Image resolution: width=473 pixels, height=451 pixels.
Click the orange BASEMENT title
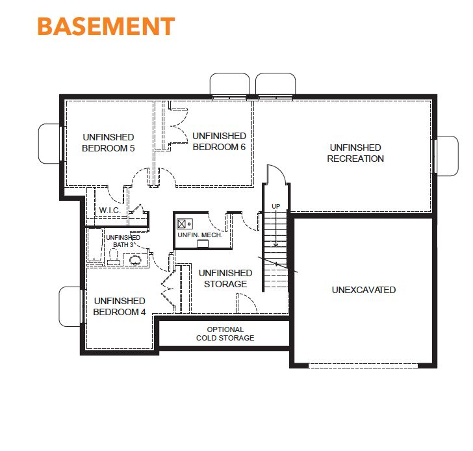106,26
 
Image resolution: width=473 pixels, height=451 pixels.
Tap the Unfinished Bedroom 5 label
109,143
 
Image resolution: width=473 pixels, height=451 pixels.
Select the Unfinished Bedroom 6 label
219,142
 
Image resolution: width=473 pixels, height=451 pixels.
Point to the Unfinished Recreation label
355,153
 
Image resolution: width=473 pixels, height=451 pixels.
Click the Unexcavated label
364,290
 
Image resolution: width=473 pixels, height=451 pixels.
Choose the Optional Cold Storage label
225,333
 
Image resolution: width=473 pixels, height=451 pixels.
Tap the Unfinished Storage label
225,278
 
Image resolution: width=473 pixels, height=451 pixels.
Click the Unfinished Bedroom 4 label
120,306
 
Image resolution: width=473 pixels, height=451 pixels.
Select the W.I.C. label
110,211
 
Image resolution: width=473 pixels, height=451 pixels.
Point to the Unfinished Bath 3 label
123,241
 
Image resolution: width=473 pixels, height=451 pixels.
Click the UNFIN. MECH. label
199,235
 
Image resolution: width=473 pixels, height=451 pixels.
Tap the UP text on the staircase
275,207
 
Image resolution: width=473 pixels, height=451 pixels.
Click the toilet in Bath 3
114,257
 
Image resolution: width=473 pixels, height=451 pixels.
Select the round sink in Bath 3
135,259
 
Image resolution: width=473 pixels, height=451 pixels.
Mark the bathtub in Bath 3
95,245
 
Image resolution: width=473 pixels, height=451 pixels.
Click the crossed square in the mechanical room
182,224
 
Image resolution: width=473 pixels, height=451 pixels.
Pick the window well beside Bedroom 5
50,144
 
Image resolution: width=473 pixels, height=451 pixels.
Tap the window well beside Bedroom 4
70,307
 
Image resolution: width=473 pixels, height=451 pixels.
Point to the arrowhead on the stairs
275,244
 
